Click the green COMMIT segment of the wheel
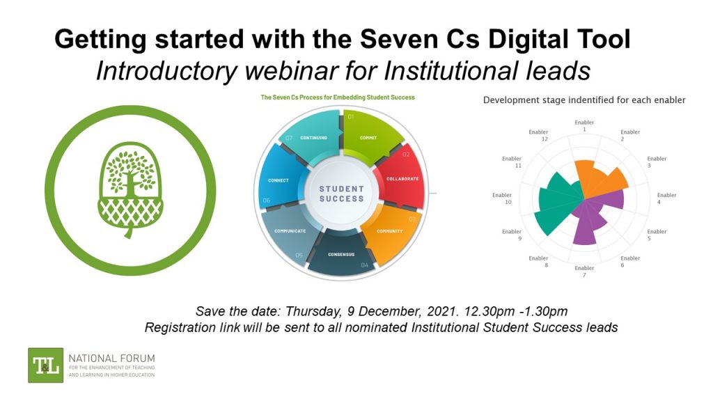point(369,136)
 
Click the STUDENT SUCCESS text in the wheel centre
point(341,194)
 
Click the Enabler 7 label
point(585,272)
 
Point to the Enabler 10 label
point(502,198)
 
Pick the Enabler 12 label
point(538,135)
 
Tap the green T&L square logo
point(45,365)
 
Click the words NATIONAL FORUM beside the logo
point(111,358)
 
